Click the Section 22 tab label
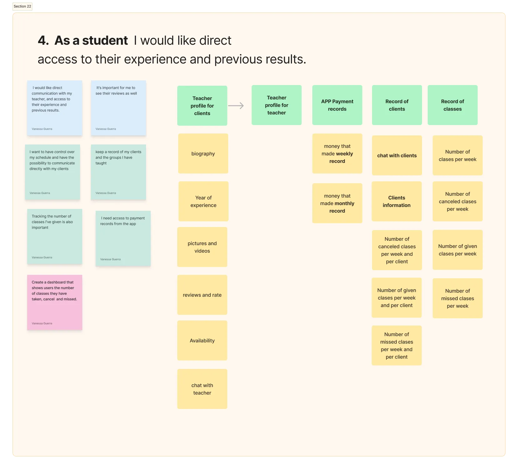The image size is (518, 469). (23, 6)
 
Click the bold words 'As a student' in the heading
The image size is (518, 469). (91, 41)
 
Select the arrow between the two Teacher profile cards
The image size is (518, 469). (236, 106)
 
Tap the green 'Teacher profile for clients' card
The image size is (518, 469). (202, 106)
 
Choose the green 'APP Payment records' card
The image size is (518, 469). (337, 105)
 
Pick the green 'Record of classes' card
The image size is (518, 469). (452, 105)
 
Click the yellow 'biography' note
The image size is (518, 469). (203, 154)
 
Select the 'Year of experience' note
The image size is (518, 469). (203, 201)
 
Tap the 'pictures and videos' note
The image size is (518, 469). (202, 247)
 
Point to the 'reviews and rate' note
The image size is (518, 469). (202, 295)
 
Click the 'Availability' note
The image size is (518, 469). (202, 340)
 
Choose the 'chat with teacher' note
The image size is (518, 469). (202, 389)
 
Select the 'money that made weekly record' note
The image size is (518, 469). (337, 154)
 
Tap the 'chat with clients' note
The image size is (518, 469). (397, 155)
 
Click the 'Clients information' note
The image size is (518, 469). (396, 201)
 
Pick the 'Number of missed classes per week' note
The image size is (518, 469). (457, 298)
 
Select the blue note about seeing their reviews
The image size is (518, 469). (118, 108)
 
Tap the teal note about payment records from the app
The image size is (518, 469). (123, 238)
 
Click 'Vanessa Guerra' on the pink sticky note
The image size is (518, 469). (42, 323)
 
